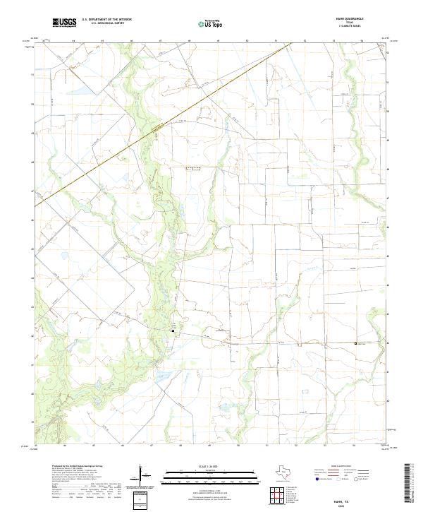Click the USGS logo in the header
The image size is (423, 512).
tap(64, 23)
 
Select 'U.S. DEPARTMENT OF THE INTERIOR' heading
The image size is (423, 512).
tap(106, 20)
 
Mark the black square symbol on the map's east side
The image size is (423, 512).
tap(355, 343)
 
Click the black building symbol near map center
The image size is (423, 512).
tap(173, 330)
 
